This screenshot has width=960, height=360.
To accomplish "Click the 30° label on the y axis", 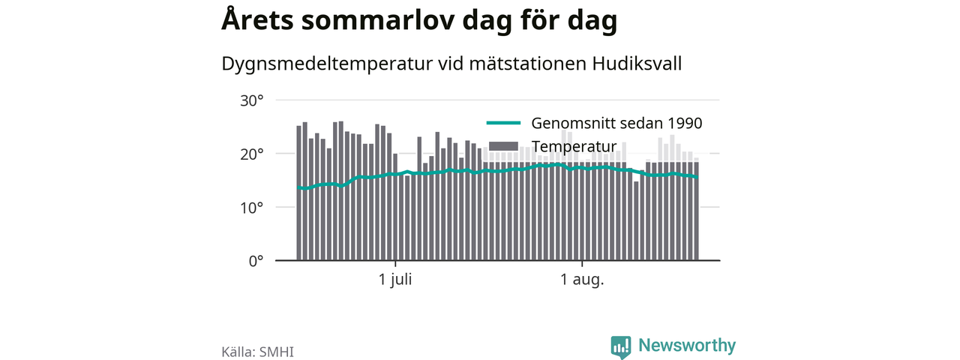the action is [251, 101].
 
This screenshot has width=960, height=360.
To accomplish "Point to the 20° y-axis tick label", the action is [251, 154].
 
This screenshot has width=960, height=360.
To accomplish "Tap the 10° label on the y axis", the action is [251, 208].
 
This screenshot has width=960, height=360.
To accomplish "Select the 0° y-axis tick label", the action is [256, 261].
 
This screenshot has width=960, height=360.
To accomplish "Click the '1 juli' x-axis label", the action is [395, 280].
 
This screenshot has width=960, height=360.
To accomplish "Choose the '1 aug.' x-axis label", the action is [582, 280].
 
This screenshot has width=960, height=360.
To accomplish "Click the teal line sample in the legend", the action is [503, 123].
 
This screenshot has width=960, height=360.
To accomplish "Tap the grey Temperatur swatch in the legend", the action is [503, 146].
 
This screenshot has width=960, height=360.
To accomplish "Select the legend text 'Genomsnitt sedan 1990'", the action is [616, 124].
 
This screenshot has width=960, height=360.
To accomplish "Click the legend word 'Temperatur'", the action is [574, 146].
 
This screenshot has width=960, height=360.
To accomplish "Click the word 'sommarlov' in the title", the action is [377, 20].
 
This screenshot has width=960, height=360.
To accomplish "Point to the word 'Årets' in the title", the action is [257, 19].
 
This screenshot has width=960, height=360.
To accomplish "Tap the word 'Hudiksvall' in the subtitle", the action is [637, 64].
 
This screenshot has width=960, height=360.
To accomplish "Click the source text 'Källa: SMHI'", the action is [257, 352].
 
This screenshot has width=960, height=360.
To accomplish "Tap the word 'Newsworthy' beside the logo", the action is [687, 346].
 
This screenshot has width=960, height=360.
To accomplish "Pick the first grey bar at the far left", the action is [298, 193].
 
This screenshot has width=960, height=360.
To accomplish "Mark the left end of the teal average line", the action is [298, 187].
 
